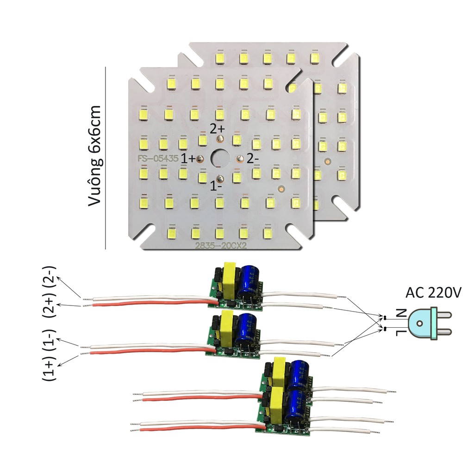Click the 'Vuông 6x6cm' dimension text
96,157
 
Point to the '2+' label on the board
217,128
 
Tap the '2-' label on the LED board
253,158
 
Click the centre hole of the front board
219,158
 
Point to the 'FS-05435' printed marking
158,158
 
